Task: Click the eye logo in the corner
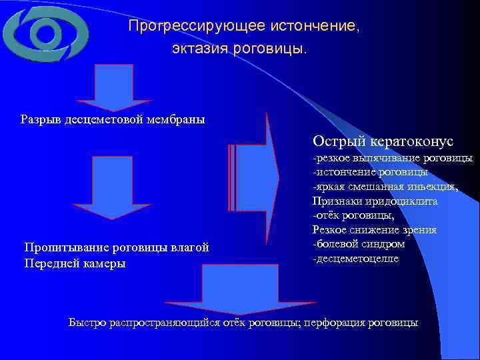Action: [x=44, y=33]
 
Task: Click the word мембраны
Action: [x=177, y=120]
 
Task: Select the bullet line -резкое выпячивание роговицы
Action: [x=393, y=159]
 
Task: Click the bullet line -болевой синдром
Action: [x=357, y=243]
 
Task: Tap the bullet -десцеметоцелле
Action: [x=355, y=257]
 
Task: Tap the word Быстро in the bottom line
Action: [x=85, y=323]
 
